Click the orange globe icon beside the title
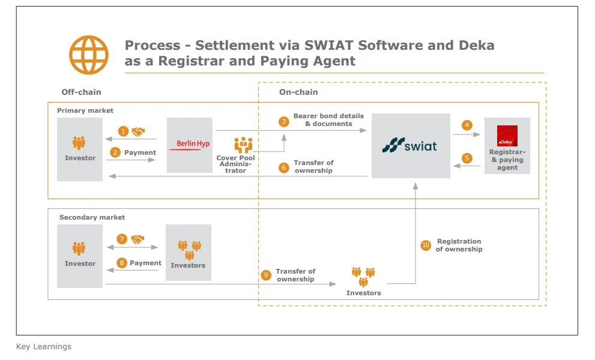tap(89, 55)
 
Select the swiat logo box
tap(411, 146)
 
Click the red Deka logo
tap(507, 136)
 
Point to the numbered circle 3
tap(283, 121)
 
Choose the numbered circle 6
tap(283, 167)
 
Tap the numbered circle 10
tap(426, 245)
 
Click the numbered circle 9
tap(266, 275)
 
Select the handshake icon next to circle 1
tap(139, 131)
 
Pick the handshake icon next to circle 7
tap(138, 239)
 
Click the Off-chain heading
tap(81, 92)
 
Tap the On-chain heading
tap(298, 92)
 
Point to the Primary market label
tap(85, 110)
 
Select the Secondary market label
tap(92, 217)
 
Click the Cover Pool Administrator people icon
tap(243, 145)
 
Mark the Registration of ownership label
tap(459, 245)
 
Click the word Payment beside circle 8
tap(145, 263)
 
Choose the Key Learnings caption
tap(43, 346)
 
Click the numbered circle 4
tap(467, 125)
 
